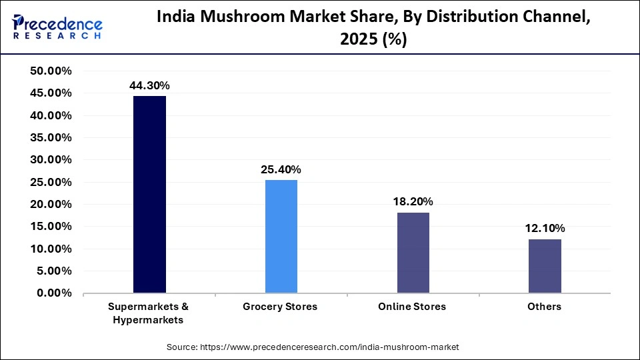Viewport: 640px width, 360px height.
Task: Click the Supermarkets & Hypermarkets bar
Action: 149,194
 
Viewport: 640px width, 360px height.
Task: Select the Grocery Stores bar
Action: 281,236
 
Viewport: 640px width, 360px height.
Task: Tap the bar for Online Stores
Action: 413,252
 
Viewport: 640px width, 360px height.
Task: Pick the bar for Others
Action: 545,266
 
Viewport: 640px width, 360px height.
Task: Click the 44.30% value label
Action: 149,85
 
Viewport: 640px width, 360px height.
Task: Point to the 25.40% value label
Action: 281,169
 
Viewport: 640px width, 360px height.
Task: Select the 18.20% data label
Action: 413,201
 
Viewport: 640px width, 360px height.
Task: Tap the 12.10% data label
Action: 545,229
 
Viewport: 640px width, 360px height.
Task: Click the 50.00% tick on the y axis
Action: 51,71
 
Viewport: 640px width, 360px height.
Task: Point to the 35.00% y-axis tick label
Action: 51,138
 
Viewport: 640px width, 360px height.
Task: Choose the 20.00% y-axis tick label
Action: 51,205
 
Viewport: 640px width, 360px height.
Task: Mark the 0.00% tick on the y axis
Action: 54,293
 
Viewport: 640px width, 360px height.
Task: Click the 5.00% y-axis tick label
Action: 54,271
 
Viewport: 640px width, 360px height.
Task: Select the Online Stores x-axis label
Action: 412,307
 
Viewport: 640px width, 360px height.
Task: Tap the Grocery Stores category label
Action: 280,307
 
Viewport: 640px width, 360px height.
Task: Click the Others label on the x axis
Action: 544,307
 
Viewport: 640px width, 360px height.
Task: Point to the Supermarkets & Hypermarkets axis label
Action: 149,313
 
